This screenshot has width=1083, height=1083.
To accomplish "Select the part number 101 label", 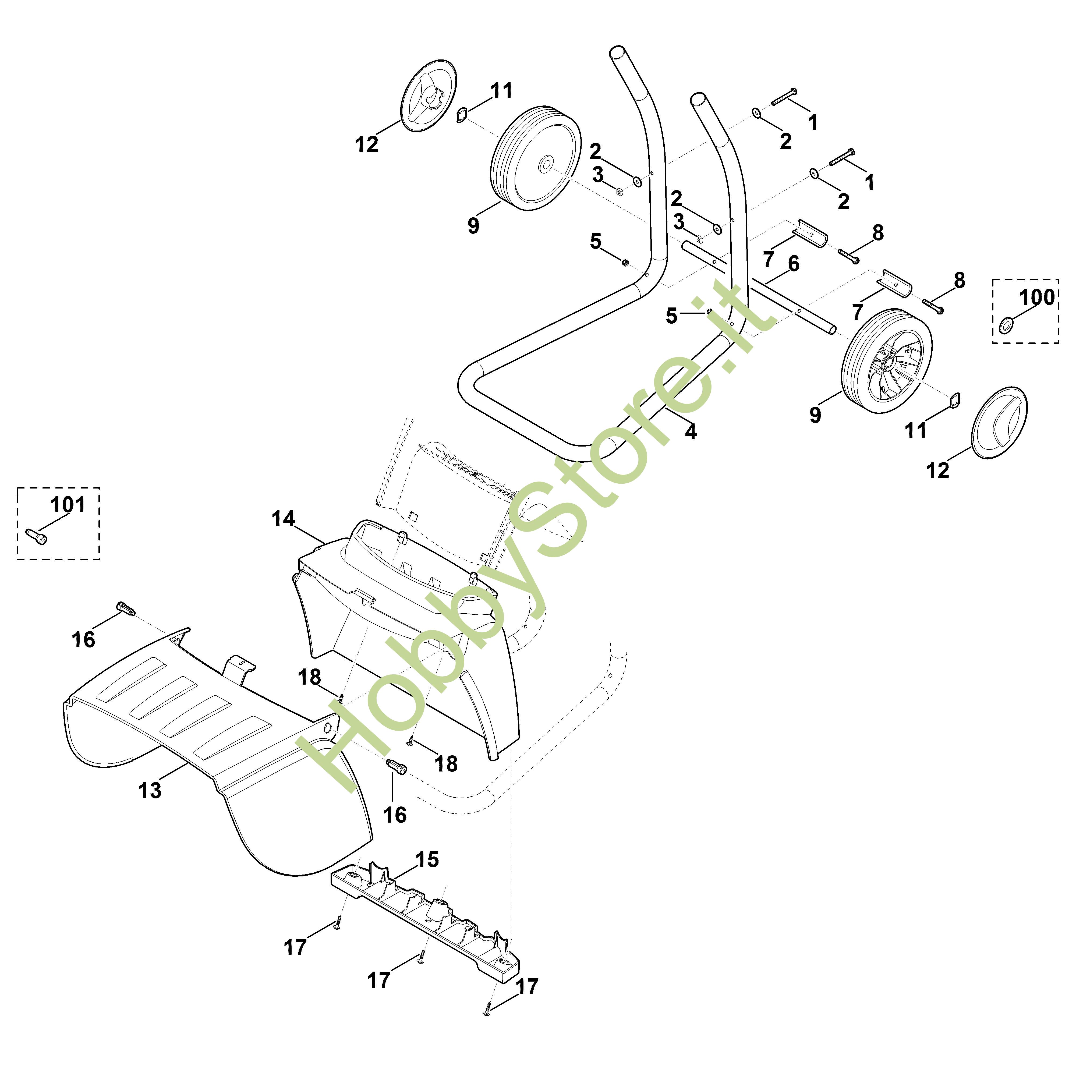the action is coord(68,504).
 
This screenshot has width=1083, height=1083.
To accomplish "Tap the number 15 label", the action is coord(427,859).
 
